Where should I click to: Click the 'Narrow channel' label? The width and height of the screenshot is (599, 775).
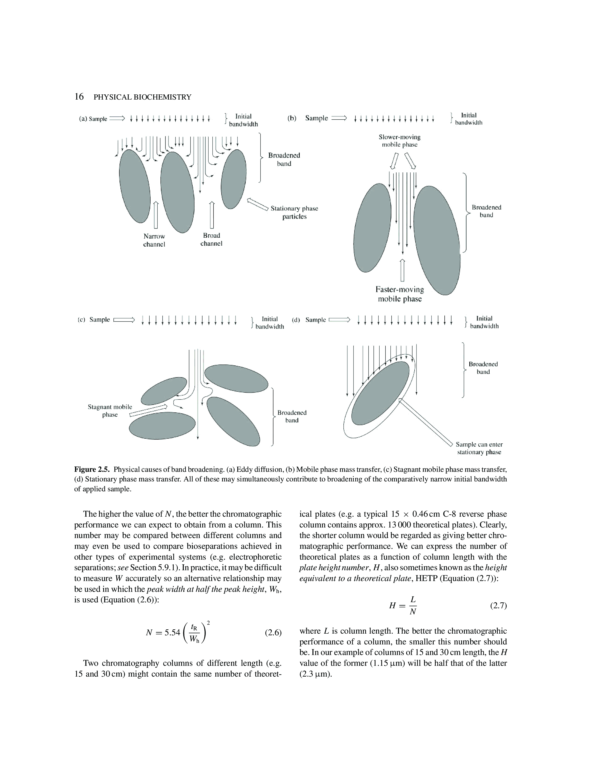[154, 240]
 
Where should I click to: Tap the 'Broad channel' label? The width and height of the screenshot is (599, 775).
[211, 239]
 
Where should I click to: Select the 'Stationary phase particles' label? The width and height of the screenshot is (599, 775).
[294, 212]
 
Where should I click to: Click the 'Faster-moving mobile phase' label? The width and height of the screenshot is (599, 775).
[400, 294]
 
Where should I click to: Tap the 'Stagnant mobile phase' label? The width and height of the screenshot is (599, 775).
[110, 411]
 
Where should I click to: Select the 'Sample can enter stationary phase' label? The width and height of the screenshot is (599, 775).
[479, 448]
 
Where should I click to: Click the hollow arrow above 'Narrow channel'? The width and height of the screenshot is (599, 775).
[155, 215]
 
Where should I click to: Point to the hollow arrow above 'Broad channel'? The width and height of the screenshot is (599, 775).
[212, 215]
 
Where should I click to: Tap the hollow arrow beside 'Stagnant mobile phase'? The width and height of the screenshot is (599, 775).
[148, 410]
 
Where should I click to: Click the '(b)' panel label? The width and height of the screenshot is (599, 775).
[292, 118]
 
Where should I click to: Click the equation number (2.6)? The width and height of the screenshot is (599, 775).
[273, 633]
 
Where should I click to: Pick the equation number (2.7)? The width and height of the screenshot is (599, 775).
[498, 606]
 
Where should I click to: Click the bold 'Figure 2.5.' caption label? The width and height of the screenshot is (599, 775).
[92, 469]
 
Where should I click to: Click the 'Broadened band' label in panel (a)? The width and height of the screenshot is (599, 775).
[284, 159]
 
